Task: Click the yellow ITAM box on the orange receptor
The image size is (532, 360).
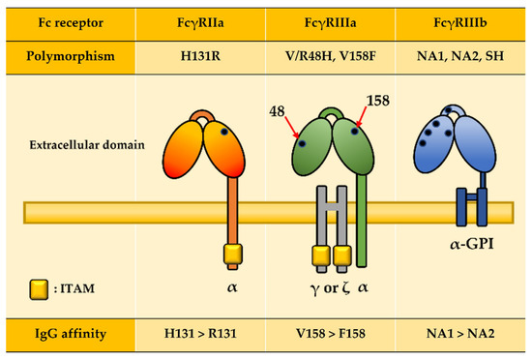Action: click(x=232, y=255)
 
